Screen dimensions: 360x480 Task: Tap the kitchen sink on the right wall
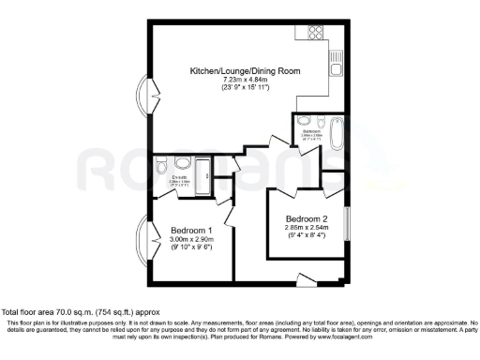pos(334,65)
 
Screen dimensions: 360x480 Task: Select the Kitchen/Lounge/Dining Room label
pos(231,71)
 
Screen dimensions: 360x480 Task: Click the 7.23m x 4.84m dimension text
pos(231,81)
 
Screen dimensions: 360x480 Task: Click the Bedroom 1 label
pos(191,231)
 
